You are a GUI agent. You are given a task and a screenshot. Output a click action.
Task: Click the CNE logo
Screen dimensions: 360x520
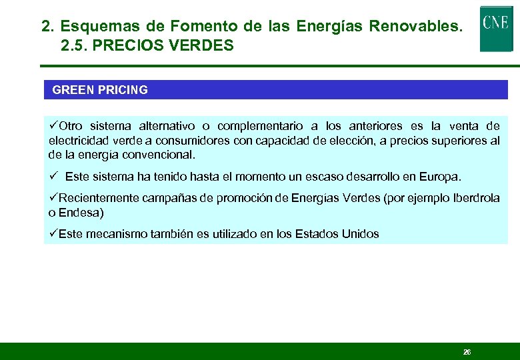pos(496,28)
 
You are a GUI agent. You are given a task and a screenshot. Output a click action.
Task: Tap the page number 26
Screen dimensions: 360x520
pos(467,351)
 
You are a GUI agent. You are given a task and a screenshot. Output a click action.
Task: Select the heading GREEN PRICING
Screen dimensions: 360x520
pos(100,90)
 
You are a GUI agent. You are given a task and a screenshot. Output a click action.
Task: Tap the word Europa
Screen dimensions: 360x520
pos(439,177)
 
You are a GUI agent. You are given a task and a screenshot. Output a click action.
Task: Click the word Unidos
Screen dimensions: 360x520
pos(360,234)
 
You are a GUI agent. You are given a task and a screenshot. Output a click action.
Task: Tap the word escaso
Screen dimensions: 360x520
pos(304,177)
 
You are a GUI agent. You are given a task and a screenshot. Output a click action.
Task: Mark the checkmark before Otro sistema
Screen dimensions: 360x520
pos(54,126)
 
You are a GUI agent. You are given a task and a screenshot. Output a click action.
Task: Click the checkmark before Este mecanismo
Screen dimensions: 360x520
pos(54,234)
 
